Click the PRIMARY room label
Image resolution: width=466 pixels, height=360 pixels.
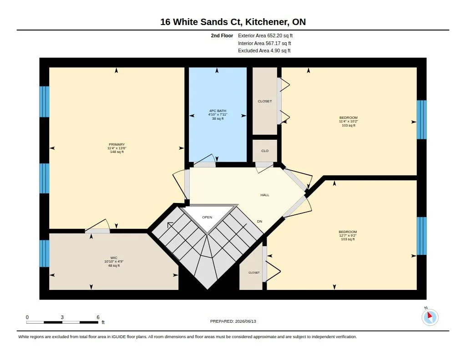coord(116,144)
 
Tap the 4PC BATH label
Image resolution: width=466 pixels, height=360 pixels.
coord(218,111)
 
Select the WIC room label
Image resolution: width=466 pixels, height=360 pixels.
coord(114,258)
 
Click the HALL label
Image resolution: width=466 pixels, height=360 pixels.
coord(265,195)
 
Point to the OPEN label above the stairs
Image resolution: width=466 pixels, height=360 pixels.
coord(207,217)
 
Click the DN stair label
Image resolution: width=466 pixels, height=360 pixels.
coord(260,222)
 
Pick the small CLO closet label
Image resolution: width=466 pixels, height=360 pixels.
coord(265,151)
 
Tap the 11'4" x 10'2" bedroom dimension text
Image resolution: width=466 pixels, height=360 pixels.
coord(348,121)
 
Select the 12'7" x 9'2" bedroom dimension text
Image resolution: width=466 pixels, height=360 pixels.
coord(347,235)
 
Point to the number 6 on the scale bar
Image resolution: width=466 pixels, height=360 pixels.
coord(98,317)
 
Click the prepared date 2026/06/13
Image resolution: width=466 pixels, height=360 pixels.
coord(245,321)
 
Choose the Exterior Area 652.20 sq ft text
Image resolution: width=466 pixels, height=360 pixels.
coord(265,35)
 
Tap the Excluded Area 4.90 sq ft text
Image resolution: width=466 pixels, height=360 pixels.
coord(264,51)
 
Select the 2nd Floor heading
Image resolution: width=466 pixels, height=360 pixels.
coord(222,35)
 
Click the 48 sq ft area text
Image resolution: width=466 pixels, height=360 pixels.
coord(114,266)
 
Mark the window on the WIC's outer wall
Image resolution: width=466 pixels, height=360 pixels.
coord(45,254)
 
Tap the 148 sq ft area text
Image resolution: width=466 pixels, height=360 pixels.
coord(117,152)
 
